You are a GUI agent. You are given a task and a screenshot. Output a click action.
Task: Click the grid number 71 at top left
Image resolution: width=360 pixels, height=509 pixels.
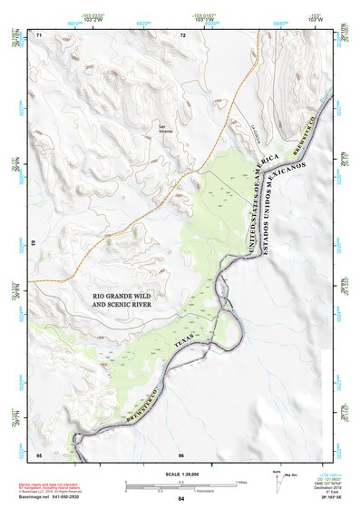click(39, 34)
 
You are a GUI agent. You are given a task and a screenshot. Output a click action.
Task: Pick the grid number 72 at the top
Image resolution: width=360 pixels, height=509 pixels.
click(182, 34)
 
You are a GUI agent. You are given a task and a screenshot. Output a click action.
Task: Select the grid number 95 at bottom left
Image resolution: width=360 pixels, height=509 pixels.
click(39, 454)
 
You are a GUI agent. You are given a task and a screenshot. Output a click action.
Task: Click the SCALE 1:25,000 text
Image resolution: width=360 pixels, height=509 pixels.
click(181, 475)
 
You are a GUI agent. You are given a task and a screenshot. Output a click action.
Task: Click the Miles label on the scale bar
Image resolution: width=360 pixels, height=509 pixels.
click(240, 482)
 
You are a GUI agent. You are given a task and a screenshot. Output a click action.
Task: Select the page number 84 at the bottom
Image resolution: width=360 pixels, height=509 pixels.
click(181, 500)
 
